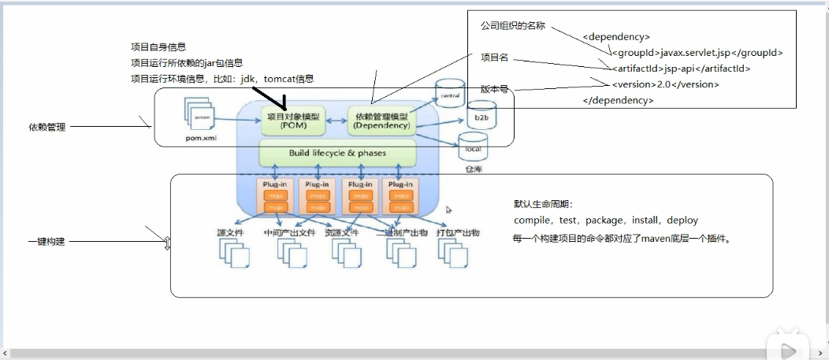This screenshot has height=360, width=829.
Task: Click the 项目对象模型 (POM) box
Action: pos(292,121)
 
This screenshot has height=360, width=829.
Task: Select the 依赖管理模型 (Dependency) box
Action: pos(382,121)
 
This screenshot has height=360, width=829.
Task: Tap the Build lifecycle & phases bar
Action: pos(337,153)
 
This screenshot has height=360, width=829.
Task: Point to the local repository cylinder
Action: pos(473,147)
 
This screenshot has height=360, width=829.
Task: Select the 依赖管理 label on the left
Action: pos(48,126)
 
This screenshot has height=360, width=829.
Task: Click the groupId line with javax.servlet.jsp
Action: pos(697,53)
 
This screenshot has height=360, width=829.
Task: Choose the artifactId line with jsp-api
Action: pos(681,69)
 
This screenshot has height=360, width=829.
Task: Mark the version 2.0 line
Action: pos(665,84)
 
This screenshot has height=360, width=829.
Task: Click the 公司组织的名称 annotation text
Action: pos(512,26)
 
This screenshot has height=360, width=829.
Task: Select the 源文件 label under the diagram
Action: pos(231,234)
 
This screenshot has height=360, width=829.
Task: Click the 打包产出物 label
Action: pos(458,234)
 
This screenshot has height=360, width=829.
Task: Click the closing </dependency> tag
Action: pos(618,100)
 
